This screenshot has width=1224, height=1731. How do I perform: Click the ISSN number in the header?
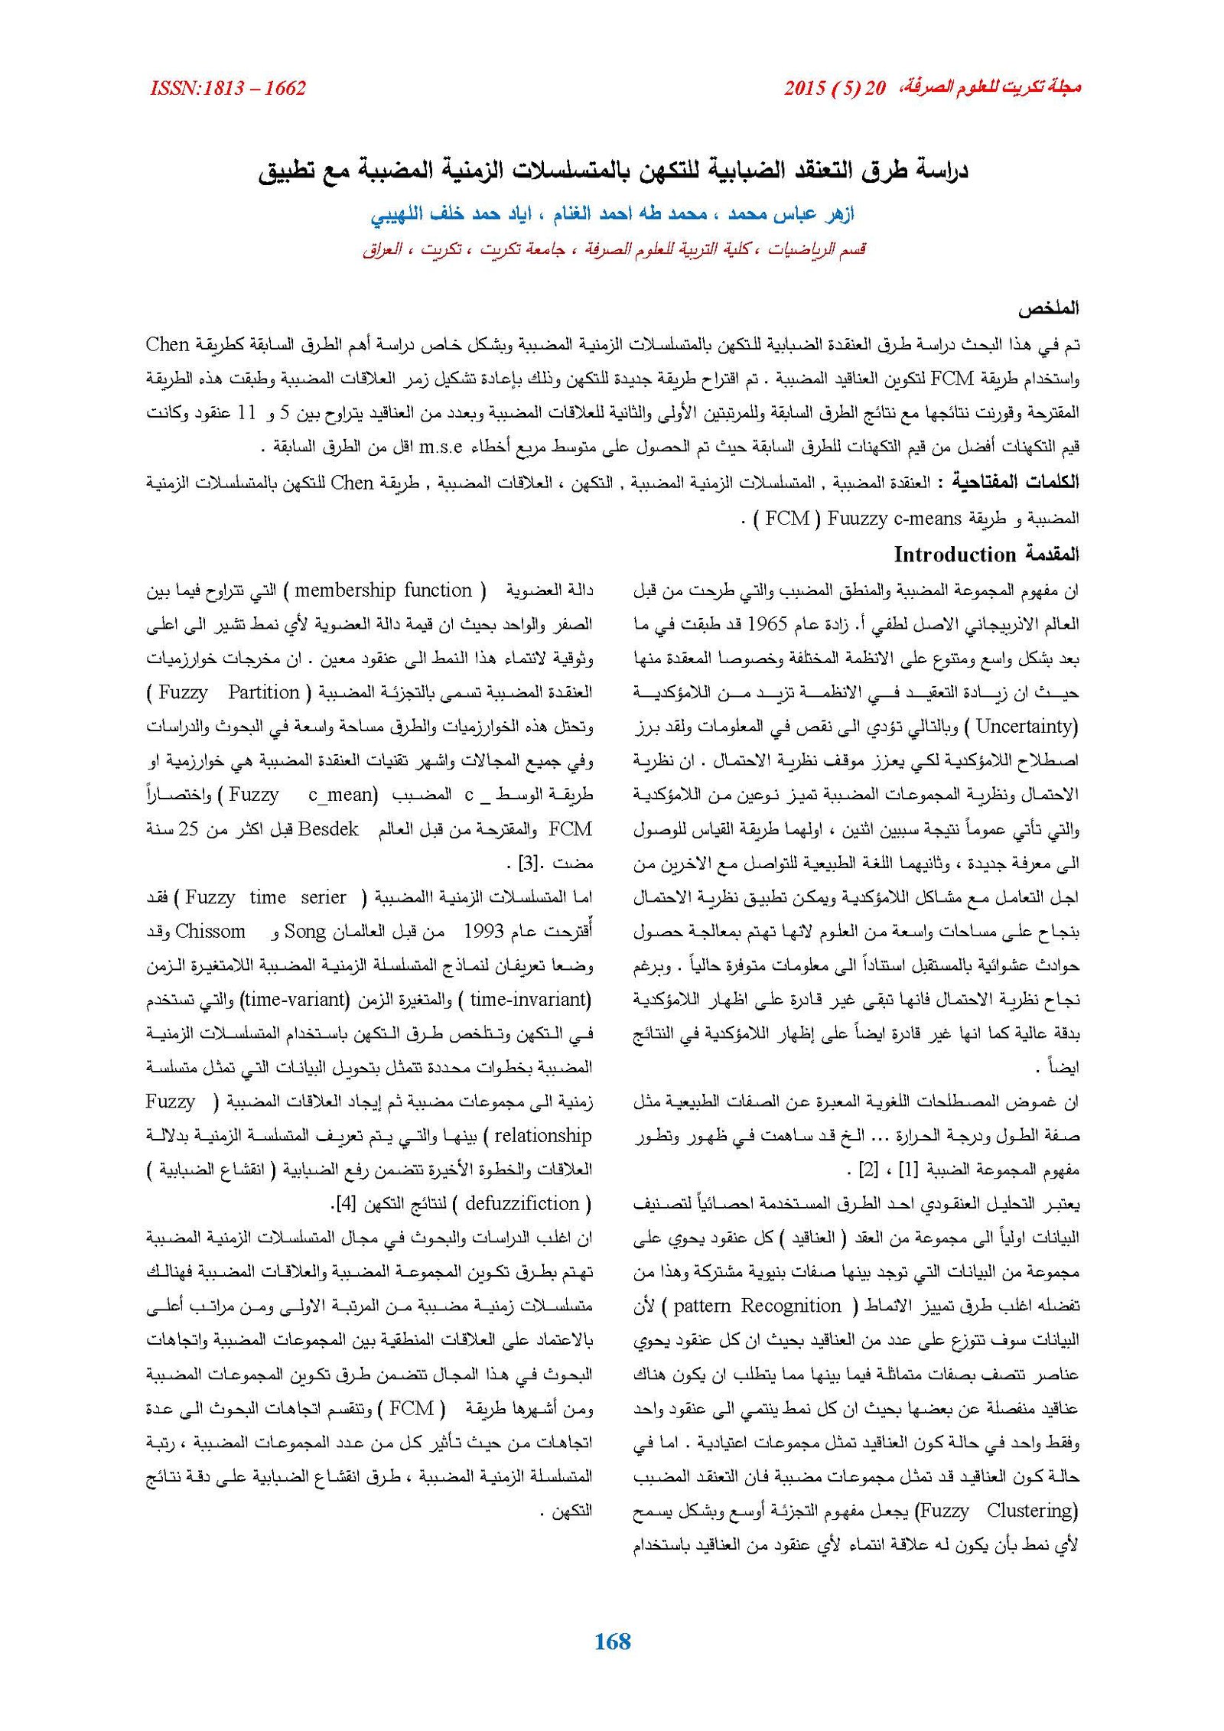228,89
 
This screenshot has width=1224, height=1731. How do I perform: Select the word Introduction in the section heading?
954,555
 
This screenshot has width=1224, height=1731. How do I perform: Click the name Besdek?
328,829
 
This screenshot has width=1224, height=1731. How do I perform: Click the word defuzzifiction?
522,1204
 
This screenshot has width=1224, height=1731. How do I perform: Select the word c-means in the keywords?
927,519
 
